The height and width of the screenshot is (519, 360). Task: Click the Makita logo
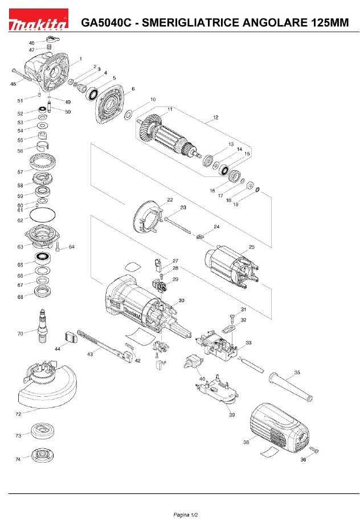tap(38, 19)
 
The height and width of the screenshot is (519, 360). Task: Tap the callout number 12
tap(216, 117)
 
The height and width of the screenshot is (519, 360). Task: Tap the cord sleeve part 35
tap(291, 386)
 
